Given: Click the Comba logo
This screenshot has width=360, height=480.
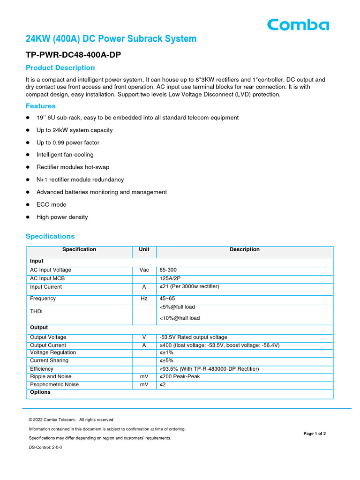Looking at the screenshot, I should pos(298,24).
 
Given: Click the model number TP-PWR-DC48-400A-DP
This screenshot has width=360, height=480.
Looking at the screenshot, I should pos(73,55).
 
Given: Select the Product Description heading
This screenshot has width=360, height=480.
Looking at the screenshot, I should pos(60,68).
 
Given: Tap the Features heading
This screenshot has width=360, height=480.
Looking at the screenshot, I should pos(41,106).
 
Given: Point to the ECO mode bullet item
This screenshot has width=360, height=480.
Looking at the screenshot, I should pos(52,204).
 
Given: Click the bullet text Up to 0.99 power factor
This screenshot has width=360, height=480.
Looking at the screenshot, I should pos(68,142).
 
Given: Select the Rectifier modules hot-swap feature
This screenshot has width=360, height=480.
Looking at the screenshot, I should pos(73,167).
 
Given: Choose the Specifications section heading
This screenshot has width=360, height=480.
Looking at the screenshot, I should pos(50,236).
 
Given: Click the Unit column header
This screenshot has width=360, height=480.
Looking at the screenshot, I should pos(144,250).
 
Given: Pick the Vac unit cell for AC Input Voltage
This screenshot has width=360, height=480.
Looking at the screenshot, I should pos(144,270).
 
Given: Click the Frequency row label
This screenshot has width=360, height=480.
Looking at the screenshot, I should pos(43,299).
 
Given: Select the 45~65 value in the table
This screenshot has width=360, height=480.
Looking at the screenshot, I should pos(167,299).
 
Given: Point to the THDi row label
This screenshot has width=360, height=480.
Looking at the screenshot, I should pos(36,311).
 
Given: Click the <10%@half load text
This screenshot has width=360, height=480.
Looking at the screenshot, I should pos(180,318).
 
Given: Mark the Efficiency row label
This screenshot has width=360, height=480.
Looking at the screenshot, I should pos(42,369).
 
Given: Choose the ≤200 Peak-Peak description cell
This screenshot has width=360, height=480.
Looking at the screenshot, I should pos(180,376).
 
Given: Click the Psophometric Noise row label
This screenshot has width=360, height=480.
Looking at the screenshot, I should pos(54,385).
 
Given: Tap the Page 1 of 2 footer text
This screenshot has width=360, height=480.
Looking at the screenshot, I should pos(315,434).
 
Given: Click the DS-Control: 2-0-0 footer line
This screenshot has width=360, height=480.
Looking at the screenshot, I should pos(45,447).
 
